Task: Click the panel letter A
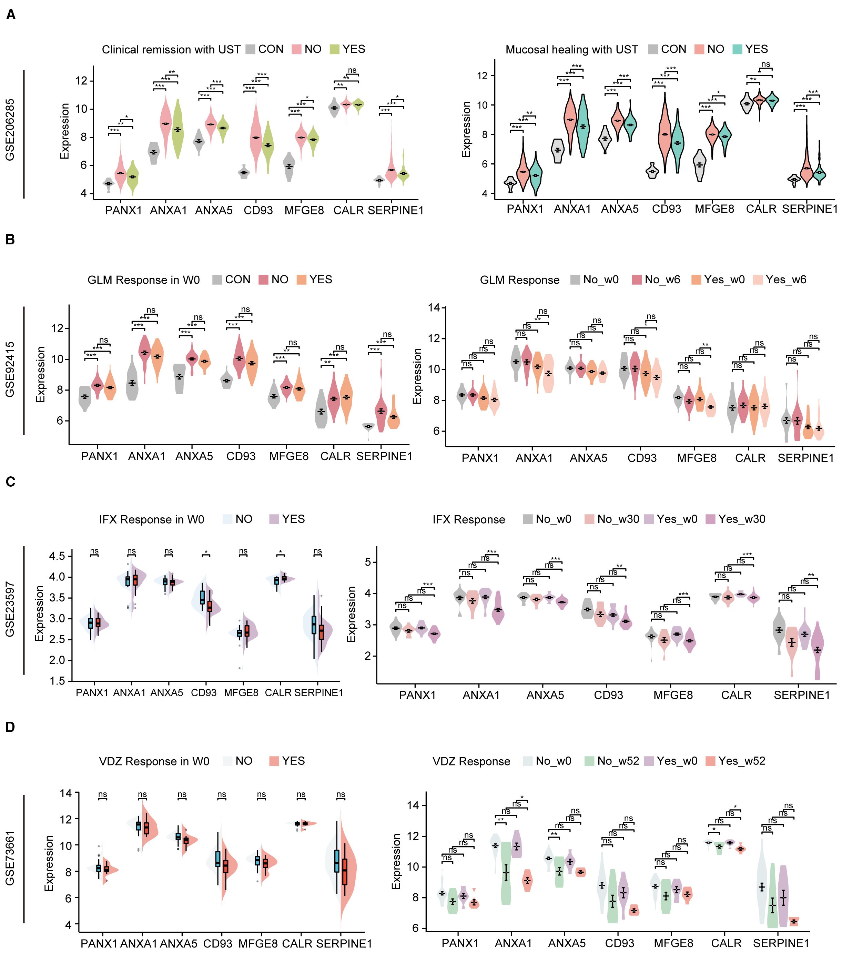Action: tap(10, 15)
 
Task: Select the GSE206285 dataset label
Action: tap(10, 130)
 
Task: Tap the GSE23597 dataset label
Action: tap(10, 609)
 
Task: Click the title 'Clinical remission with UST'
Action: tap(171, 49)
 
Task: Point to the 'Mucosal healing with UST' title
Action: tap(571, 49)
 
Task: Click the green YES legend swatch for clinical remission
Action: tap(334, 49)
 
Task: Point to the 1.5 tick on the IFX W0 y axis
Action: tap(58, 681)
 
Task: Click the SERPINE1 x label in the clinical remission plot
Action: tap(395, 211)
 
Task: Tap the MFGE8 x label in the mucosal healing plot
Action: tap(714, 209)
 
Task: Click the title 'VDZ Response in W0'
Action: tap(154, 761)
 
